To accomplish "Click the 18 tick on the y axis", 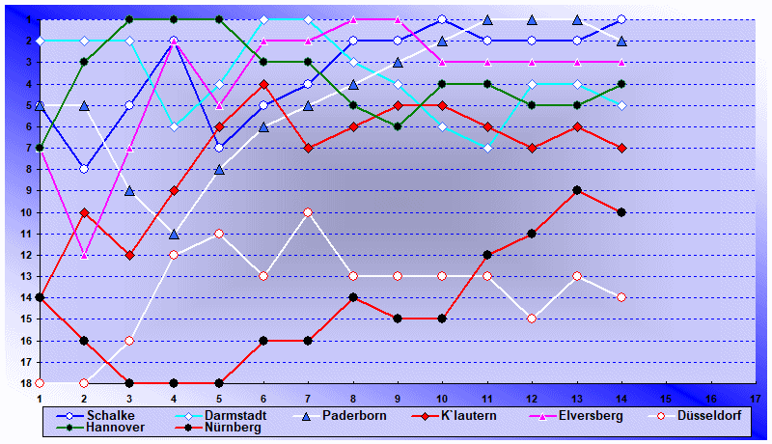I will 32,383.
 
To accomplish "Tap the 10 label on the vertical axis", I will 32,212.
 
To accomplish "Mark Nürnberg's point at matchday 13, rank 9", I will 577,190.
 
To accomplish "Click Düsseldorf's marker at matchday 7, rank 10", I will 308,212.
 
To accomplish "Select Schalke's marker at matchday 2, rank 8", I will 84,169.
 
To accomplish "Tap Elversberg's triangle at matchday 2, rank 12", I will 84,255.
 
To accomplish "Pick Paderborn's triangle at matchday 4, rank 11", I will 174,234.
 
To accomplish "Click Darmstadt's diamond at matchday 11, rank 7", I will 487,148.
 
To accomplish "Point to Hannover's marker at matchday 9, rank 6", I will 398,126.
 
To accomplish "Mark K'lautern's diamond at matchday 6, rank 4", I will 263,84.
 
